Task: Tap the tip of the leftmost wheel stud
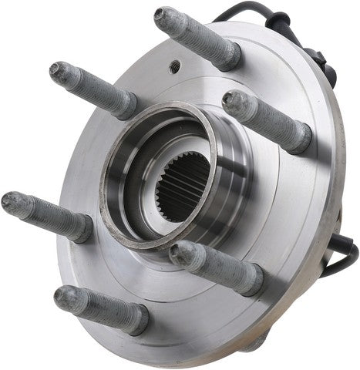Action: (x=11, y=203)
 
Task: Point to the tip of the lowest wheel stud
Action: (x=63, y=297)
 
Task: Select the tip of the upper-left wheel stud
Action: (x=58, y=71)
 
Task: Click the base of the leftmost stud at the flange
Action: (x=83, y=229)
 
